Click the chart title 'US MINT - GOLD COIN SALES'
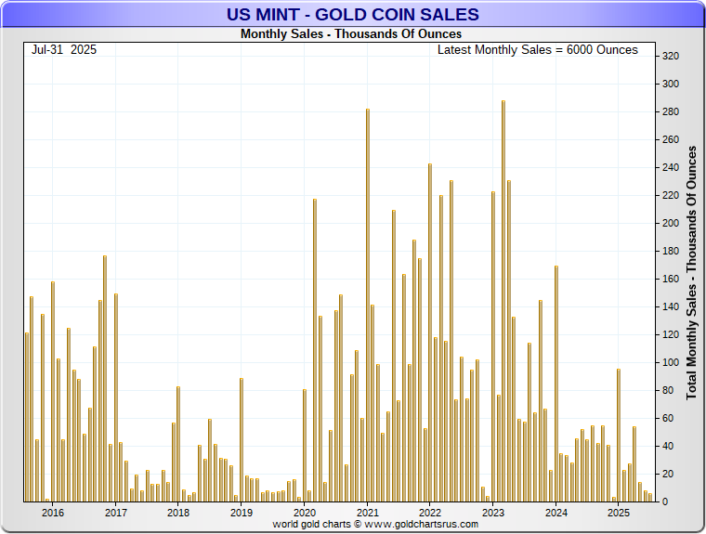[353, 15]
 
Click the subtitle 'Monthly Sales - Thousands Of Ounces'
[350, 34]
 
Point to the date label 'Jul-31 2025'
[63, 49]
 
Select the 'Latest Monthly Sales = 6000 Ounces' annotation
[537, 49]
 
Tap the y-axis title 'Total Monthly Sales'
[691, 272]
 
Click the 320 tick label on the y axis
[670, 57]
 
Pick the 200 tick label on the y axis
[670, 224]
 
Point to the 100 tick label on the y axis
[670, 363]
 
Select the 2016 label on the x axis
[53, 513]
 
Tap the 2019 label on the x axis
[242, 513]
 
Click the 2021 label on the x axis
[367, 513]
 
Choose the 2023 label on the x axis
[493, 513]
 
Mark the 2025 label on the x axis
[618, 513]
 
